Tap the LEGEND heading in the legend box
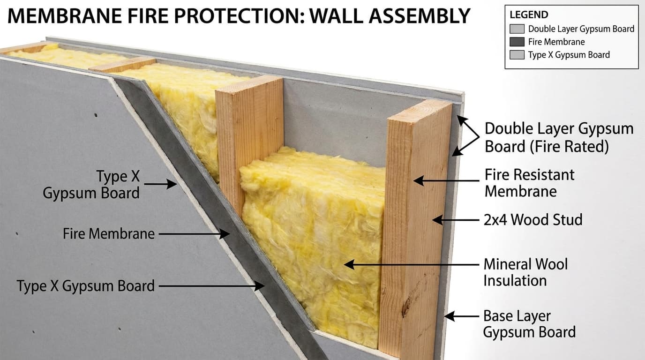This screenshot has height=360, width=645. pos(529,15)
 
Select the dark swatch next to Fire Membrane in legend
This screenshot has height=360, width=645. pos(517,42)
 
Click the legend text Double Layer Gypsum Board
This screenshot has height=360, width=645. pos(581,29)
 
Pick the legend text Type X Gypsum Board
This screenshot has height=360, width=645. pos(569,55)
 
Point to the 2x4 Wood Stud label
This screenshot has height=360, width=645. pos(533,219)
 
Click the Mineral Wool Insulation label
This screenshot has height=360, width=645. pos(525,272)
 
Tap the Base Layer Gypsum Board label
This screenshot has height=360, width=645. pos(529,324)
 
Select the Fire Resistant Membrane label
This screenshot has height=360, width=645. pos(529,182)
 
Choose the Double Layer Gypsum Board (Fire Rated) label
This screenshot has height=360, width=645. pos(559,137)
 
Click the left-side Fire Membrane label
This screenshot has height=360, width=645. pos(109,233)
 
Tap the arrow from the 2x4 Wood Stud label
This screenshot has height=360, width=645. pos(457,219)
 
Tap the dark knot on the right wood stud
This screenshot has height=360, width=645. pos(406,307)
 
